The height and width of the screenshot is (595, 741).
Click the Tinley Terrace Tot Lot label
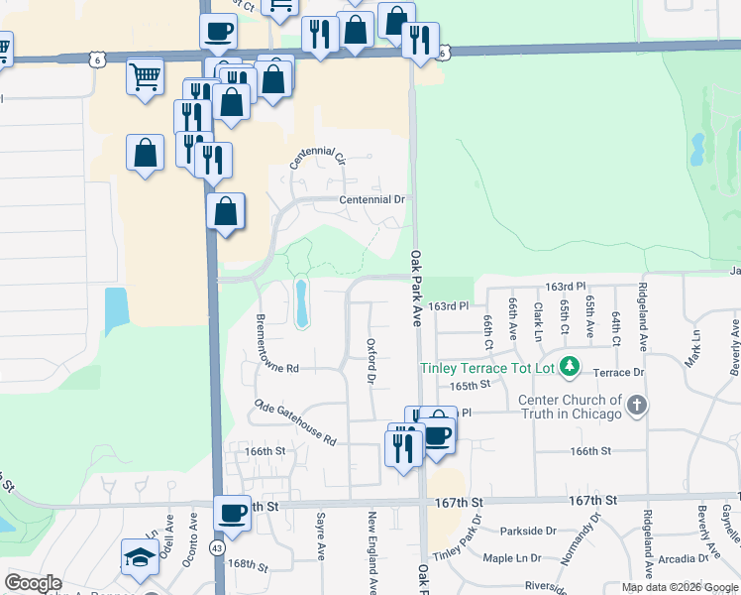click(485, 368)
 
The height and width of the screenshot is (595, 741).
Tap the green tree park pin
click(569, 368)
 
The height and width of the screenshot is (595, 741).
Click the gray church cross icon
click(637, 405)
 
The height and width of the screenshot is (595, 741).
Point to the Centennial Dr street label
click(372, 199)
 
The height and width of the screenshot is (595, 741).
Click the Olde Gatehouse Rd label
click(295, 422)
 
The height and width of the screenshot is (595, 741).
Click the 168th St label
click(247, 565)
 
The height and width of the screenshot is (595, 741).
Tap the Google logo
click(33, 583)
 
